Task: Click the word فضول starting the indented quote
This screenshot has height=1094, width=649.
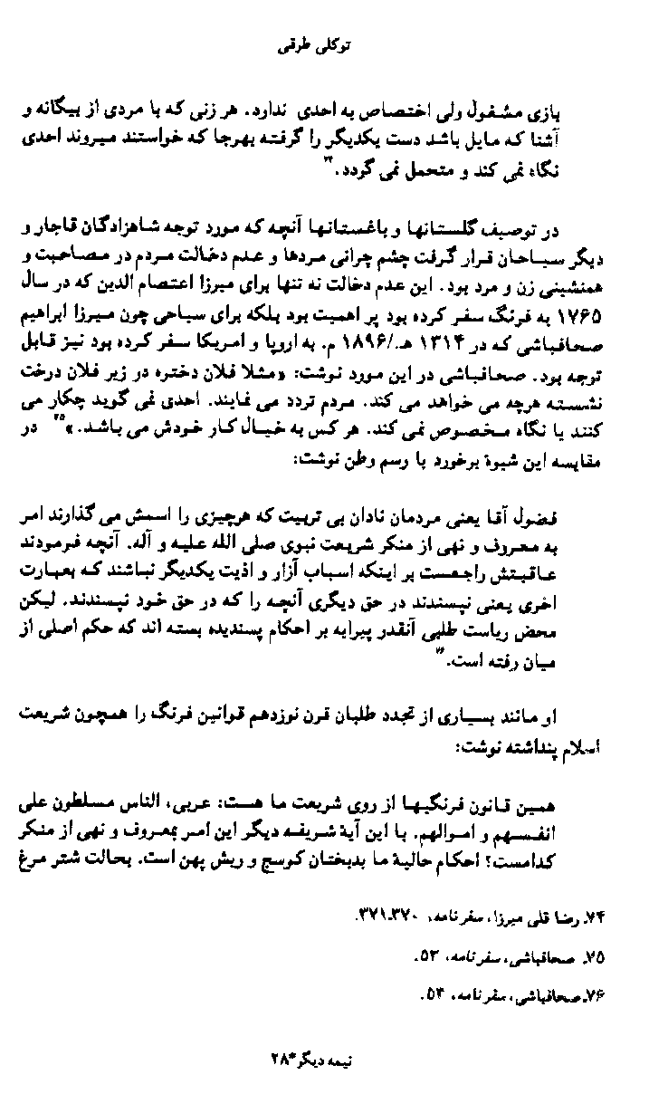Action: click(581, 514)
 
